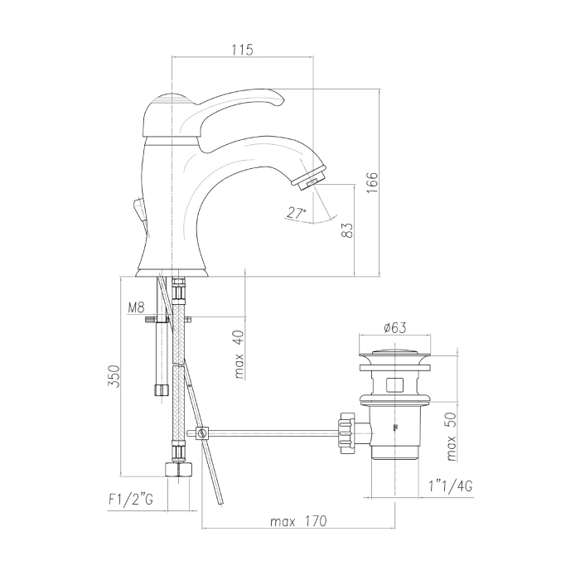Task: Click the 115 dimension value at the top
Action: tap(243, 50)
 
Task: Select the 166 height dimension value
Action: tap(372, 182)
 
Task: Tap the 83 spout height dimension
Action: tap(347, 230)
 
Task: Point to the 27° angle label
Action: tap(297, 213)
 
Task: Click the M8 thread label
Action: tap(136, 307)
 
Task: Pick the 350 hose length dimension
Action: tap(114, 376)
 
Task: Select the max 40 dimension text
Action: tap(239, 355)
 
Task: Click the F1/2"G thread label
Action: tap(131, 500)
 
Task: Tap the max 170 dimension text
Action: tap(298, 521)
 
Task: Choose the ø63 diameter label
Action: tap(395, 327)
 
